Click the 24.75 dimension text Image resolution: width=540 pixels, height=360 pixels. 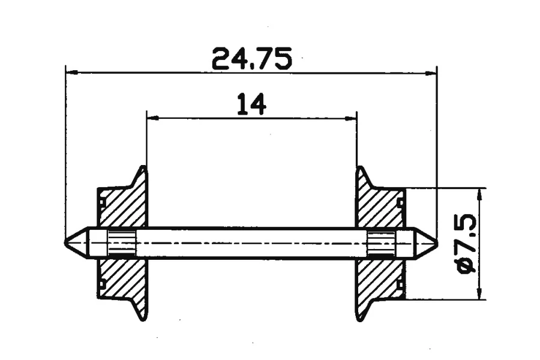(252, 59)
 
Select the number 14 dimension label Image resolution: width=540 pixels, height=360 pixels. (252, 104)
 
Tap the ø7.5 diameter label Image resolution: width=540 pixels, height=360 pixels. (467, 244)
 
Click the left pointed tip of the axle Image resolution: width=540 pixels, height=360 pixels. (65, 242)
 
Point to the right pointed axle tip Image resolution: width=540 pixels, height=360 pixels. (438, 242)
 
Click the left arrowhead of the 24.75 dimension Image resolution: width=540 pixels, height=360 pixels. (71, 73)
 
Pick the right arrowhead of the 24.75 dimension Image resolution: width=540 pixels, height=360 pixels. (430, 73)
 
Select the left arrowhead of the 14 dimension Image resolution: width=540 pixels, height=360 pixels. (153, 118)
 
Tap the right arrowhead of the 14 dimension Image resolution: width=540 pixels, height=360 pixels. (350, 119)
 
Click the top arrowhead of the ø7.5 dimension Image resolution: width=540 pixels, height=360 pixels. (479, 194)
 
